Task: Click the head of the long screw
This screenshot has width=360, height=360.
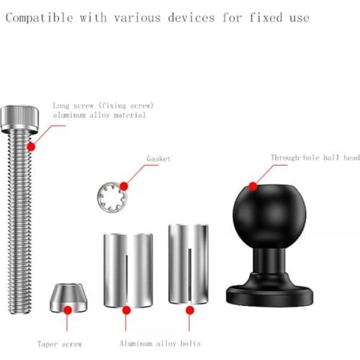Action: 19,119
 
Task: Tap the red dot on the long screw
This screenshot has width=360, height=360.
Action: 31,147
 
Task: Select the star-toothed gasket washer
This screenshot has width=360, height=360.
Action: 112,197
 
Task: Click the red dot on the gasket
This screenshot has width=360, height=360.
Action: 124,186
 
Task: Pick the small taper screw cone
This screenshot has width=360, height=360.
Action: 68,297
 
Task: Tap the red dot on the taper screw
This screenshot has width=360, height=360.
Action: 68,310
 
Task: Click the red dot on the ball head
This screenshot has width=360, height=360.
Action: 253,186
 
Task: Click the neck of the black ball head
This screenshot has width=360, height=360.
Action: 269,261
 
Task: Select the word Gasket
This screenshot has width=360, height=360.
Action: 158,158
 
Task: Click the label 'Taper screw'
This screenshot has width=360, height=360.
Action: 60,344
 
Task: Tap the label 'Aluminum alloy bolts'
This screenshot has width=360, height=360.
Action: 160,343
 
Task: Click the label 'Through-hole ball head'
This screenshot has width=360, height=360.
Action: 315,158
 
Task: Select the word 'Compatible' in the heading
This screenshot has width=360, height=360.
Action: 39,18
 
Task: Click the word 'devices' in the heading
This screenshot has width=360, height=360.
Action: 192,18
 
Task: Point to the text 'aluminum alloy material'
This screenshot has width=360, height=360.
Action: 99,115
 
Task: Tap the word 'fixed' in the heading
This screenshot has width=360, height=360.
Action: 266,17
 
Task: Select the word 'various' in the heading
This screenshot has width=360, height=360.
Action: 138,18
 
